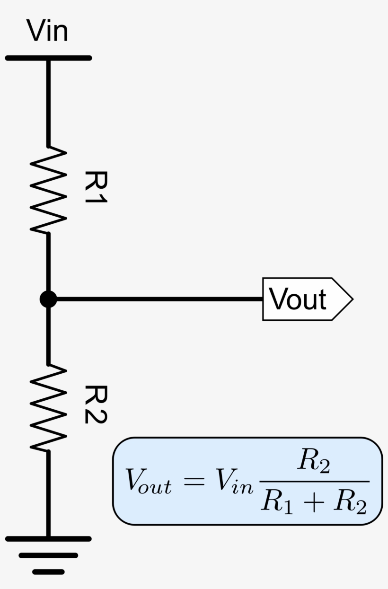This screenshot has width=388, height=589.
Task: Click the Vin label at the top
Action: coord(47,31)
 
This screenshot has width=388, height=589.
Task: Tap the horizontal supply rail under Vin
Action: coord(48,58)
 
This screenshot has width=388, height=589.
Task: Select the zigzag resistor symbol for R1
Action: coord(48,189)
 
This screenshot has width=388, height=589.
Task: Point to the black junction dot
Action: coord(48,299)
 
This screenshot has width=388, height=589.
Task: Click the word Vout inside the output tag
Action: coord(298,299)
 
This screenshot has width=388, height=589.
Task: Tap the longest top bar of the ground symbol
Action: coord(48,539)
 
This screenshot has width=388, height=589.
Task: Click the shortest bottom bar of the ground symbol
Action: coord(48,572)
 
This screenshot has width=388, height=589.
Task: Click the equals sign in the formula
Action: coord(193,481)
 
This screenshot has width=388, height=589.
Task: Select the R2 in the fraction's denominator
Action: coord(349,502)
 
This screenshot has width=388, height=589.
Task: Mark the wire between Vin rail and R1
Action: coord(48,102)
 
